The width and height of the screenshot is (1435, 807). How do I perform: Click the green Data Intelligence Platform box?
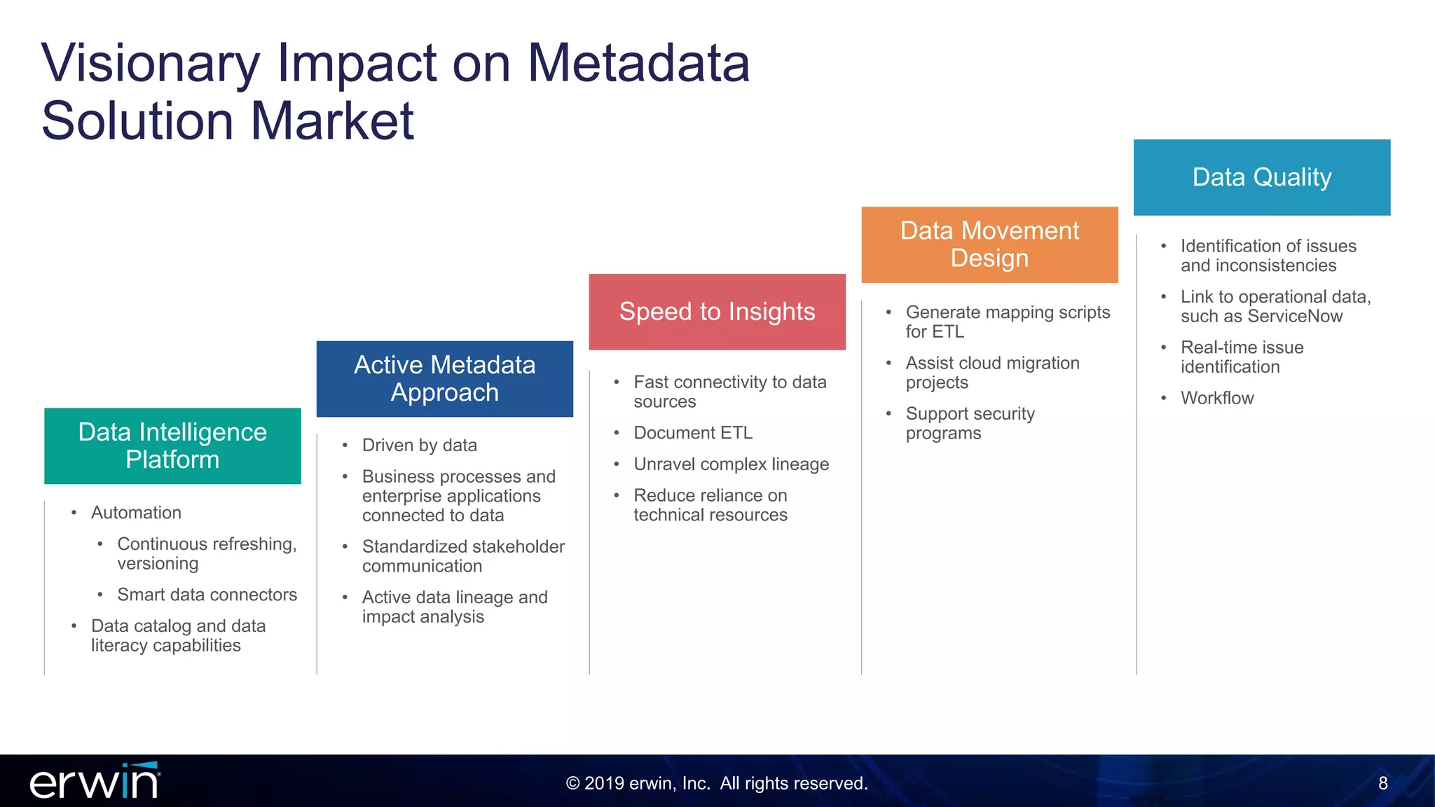(172, 446)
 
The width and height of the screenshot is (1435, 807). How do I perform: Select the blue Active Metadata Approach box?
(444, 378)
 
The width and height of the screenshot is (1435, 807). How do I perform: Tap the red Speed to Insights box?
(717, 312)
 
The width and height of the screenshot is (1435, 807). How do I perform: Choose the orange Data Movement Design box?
(989, 244)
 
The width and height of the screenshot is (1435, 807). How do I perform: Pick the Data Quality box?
(1261, 177)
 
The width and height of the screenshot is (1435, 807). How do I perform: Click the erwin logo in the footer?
(95, 781)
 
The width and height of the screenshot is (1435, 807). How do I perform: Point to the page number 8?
(1382, 783)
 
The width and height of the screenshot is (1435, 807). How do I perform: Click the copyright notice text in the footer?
(717, 783)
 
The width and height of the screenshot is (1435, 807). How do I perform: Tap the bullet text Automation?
(136, 513)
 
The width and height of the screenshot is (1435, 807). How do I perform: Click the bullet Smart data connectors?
(207, 595)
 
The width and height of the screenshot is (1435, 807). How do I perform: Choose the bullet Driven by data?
(419, 446)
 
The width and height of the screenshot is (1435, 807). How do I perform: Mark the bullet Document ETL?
(692, 433)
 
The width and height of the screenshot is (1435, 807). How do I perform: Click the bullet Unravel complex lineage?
(731, 464)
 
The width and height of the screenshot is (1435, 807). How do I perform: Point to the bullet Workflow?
(1216, 398)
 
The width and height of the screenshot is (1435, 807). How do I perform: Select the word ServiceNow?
(1295, 317)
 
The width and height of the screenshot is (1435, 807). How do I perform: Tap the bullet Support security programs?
(970, 423)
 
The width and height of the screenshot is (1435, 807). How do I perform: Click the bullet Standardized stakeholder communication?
(462, 556)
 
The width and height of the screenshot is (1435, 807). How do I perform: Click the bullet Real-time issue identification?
(1242, 357)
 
